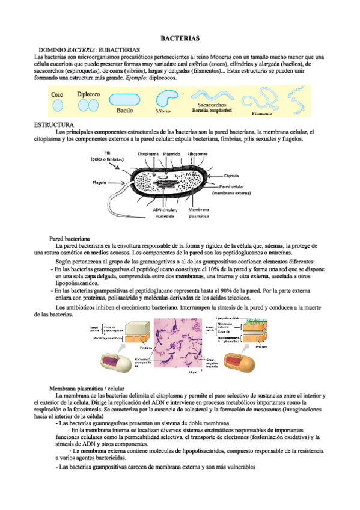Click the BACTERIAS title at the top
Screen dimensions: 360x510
180,38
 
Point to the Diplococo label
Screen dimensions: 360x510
89,94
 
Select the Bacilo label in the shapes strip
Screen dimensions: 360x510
124,111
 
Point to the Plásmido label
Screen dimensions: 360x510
172,154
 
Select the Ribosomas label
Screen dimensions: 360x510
198,154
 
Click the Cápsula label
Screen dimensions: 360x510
233,176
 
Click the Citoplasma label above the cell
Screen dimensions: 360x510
148,154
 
